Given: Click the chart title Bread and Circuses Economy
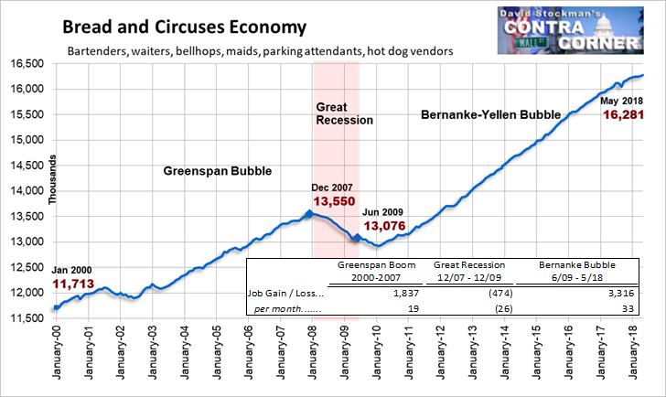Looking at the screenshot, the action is pyautogui.click(x=185, y=27).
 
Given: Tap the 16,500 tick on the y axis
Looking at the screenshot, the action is pyautogui.click(x=27, y=64).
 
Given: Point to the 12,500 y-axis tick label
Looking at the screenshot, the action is pyautogui.click(x=27, y=267).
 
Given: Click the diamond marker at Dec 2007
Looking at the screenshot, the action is pyautogui.click(x=309, y=214).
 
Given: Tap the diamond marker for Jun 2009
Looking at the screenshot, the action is pyautogui.click(x=357, y=238).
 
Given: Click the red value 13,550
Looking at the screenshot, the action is pyautogui.click(x=334, y=201).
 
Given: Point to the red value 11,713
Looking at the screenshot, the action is pyautogui.click(x=73, y=284).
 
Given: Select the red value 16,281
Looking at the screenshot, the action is pyautogui.click(x=624, y=114).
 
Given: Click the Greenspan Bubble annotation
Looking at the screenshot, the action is pyautogui.click(x=218, y=171).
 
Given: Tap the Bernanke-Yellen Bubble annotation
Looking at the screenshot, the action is pyautogui.click(x=491, y=114).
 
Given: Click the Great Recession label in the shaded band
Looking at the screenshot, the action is pyautogui.click(x=345, y=113).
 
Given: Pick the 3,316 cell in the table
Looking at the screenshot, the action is pyautogui.click(x=620, y=293).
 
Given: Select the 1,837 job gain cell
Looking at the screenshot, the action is pyautogui.click(x=406, y=293).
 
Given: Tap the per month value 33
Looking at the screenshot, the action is pyautogui.click(x=628, y=308).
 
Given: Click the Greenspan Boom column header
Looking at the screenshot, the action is pyautogui.click(x=376, y=272).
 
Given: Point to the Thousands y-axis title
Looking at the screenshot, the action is pyautogui.click(x=52, y=179).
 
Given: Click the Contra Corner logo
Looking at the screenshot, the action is pyautogui.click(x=571, y=30).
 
